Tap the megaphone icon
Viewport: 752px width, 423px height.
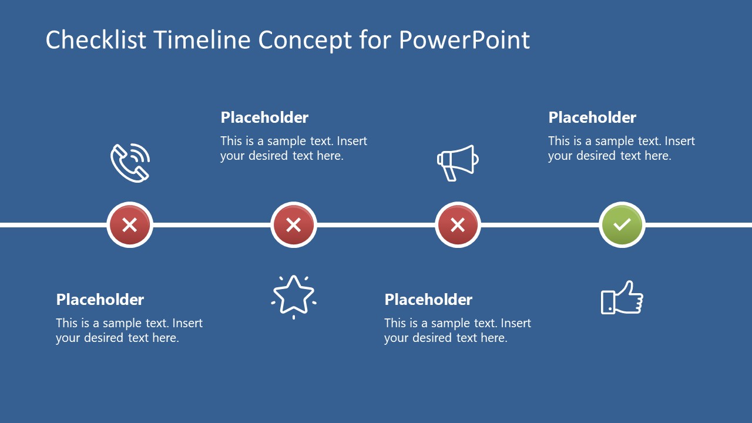(458, 163)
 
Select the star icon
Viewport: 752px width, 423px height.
(294, 296)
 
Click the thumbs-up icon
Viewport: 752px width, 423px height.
(622, 298)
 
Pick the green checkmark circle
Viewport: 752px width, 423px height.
(622, 224)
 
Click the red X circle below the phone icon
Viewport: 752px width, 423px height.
(130, 224)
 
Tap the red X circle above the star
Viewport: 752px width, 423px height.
(294, 224)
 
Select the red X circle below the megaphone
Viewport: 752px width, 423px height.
(458, 224)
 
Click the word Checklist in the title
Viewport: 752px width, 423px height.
(96, 39)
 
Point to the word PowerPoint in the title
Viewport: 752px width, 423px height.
(464, 39)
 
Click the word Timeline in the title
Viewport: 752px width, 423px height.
(202, 39)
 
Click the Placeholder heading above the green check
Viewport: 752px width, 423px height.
(592, 117)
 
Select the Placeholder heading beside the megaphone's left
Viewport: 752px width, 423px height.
(264, 117)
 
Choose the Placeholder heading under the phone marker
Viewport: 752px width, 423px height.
(100, 300)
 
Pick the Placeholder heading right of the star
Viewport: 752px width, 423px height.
(428, 300)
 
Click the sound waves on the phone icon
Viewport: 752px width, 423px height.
(140, 153)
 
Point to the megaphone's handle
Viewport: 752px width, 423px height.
(450, 174)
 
